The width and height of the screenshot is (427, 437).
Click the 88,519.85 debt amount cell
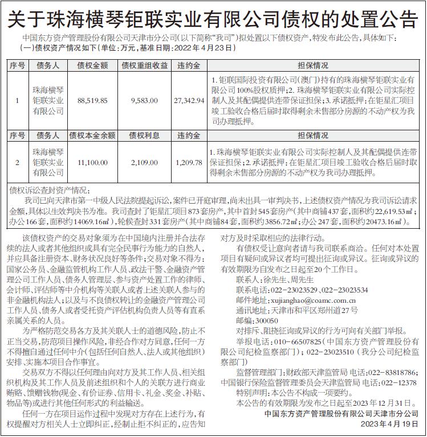tap(92, 100)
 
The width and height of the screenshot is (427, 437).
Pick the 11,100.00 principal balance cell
tap(92, 163)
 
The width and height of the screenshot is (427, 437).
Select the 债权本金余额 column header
tap(92, 135)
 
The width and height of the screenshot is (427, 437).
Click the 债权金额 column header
tap(92, 66)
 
